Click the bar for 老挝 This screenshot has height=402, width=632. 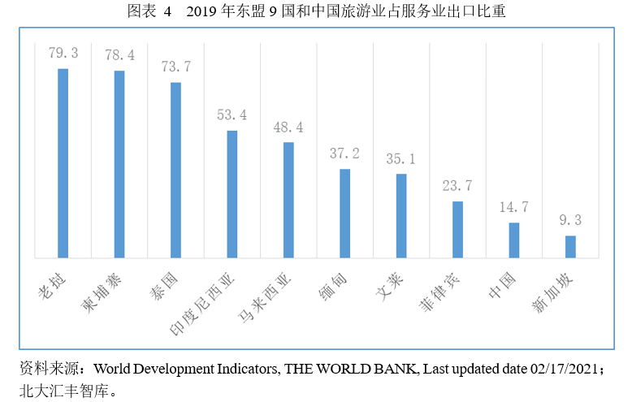point(63,163)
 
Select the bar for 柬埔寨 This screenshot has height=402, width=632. point(119,165)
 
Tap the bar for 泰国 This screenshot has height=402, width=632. point(175,171)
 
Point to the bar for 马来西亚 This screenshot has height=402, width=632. point(288,201)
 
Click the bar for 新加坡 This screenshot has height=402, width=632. point(570,247)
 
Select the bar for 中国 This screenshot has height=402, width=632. point(513,240)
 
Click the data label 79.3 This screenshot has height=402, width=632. point(63,54)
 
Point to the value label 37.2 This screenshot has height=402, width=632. point(345,153)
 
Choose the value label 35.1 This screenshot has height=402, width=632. point(401,158)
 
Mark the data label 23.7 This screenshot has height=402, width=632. point(457,186)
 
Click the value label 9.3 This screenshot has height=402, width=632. point(570,220)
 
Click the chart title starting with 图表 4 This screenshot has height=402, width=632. point(316,11)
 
